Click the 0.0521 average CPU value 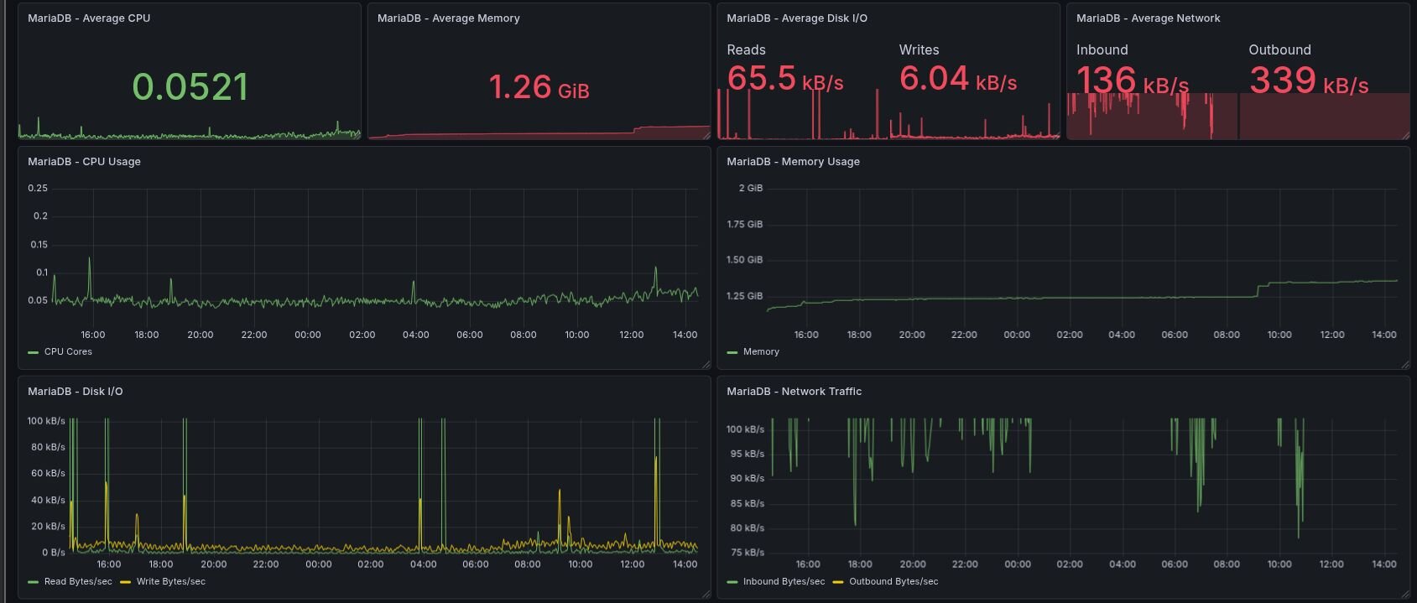[x=190, y=87]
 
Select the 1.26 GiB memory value [x=539, y=87]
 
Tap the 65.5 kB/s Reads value [x=784, y=79]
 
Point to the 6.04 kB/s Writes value [x=957, y=79]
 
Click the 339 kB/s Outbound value [x=1308, y=81]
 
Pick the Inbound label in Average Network [x=1102, y=50]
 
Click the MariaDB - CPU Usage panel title [x=84, y=162]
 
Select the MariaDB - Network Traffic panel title [x=794, y=392]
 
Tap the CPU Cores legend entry [x=67, y=352]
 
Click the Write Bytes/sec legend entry [x=170, y=582]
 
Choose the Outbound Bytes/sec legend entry [x=893, y=582]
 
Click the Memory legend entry [x=760, y=352]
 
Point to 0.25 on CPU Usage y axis [x=38, y=188]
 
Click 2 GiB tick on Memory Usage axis [x=750, y=188]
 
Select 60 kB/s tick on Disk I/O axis [x=48, y=474]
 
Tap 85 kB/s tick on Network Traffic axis [x=747, y=504]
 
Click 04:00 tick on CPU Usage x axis [x=415, y=335]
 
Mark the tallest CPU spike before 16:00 [x=90, y=259]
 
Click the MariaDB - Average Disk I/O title [x=797, y=18]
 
